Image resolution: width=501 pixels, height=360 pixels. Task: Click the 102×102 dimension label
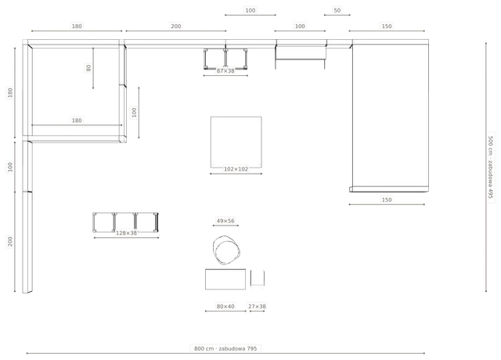tap(236, 169)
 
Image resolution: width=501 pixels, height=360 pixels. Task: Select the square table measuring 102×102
tap(236, 142)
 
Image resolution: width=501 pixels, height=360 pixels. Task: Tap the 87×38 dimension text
tap(225, 71)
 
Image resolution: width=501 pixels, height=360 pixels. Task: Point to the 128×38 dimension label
tap(126, 233)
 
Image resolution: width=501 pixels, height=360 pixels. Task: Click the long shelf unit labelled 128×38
tap(125, 222)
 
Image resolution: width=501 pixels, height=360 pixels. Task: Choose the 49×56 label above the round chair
tap(225, 221)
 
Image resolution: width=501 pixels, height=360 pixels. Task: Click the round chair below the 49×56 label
tap(226, 250)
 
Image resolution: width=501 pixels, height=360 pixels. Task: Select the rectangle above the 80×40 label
tap(225, 279)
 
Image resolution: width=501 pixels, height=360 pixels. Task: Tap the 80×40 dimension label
tap(225, 306)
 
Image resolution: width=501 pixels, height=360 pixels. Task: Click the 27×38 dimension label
tap(257, 306)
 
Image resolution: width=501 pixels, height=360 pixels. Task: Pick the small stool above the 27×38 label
tap(258, 278)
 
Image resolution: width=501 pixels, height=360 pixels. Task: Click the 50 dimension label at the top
tap(337, 10)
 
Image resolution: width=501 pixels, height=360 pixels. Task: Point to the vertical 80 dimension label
tap(88, 68)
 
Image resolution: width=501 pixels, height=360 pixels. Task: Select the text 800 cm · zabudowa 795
tap(225, 348)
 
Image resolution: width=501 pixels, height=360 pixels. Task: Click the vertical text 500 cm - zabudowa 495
tap(491, 167)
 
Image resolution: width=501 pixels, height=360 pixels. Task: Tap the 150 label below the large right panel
tap(387, 200)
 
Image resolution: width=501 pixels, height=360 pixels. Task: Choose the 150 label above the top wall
tap(387, 26)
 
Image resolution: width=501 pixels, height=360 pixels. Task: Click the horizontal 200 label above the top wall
tap(175, 26)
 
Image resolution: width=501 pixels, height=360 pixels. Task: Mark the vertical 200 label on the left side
tap(10, 242)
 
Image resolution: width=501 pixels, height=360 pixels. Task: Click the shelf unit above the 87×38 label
tap(225, 59)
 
